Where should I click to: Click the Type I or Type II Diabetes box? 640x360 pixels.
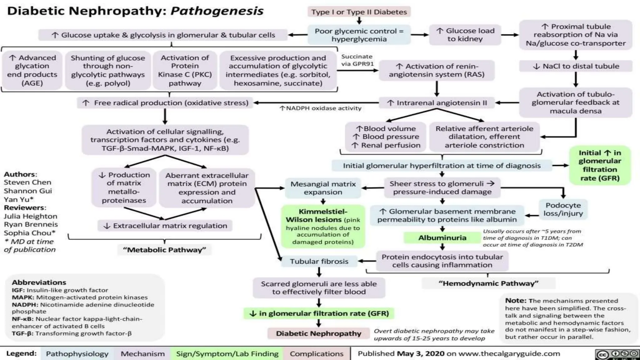coord(359,12)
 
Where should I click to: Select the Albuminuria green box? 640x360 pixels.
coord(442,238)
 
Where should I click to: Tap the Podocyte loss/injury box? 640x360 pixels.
coord(563,209)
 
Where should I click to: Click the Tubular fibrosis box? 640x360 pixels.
coord(319,261)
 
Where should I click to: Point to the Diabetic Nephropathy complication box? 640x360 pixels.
coord(318,333)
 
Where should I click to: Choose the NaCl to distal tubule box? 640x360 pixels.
coord(575,66)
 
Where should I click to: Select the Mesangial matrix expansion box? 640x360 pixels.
coord(323,188)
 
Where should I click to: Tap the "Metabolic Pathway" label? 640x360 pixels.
coord(164,250)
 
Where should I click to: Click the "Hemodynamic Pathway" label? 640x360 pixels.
coord(488,283)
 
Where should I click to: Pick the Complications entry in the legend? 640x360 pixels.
coord(316,354)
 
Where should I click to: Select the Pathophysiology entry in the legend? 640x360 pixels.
coord(77,354)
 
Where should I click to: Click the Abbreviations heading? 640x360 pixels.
coord(39,282)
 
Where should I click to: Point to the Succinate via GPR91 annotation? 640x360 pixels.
coord(357,60)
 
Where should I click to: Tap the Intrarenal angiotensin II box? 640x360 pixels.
coord(437,103)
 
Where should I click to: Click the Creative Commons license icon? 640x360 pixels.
coord(617,354)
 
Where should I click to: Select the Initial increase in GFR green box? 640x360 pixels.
coord(599,165)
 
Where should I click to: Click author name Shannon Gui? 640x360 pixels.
coord(28,191)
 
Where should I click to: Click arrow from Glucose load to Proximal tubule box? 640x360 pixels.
coord(510,35)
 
